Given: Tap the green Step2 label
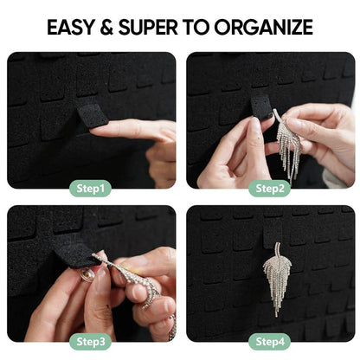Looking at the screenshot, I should click(x=270, y=188).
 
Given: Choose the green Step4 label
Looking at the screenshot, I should click(x=270, y=342).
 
